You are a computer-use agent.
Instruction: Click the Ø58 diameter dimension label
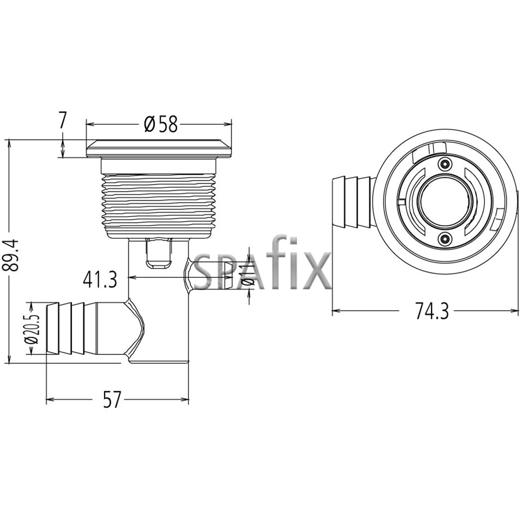[x=160, y=124]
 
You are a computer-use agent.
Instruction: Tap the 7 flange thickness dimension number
[x=62, y=120]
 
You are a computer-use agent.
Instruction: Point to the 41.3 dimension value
[x=99, y=280]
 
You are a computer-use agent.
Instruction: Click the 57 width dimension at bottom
[x=111, y=401]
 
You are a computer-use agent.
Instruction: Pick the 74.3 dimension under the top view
[x=432, y=311]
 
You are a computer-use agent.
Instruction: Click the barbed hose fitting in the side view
[x=79, y=328]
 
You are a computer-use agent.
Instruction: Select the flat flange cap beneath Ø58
[x=159, y=149]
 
